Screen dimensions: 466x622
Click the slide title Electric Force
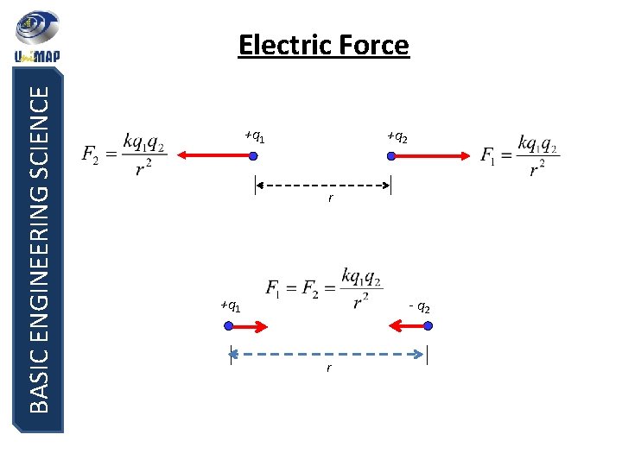(323, 44)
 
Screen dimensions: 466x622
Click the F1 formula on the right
(520, 154)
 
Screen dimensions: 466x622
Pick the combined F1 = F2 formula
(323, 288)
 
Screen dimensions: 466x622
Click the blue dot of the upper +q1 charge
(253, 156)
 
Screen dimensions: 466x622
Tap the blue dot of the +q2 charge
(391, 156)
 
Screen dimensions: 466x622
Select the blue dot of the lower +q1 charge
(229, 326)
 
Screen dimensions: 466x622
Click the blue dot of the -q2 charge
(428, 326)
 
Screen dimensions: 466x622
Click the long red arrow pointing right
(432, 156)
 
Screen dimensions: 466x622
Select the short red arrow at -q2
(406, 326)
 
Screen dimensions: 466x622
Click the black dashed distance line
(323, 185)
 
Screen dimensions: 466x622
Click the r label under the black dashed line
(329, 199)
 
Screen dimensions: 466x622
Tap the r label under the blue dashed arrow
(328, 368)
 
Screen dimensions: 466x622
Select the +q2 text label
(397, 137)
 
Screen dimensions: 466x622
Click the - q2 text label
(420, 307)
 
